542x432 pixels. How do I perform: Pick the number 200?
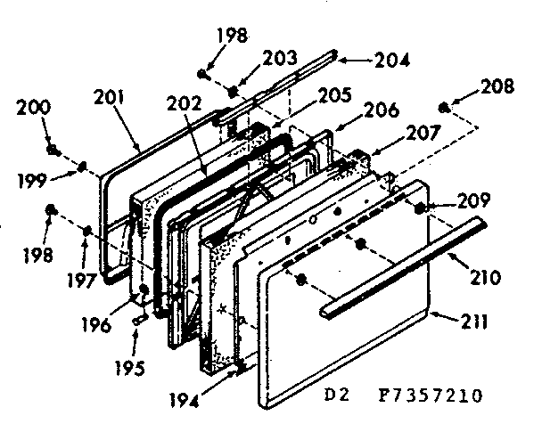point(34,109)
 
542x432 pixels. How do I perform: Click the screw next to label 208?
point(443,109)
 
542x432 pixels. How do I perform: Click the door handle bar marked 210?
point(401,266)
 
